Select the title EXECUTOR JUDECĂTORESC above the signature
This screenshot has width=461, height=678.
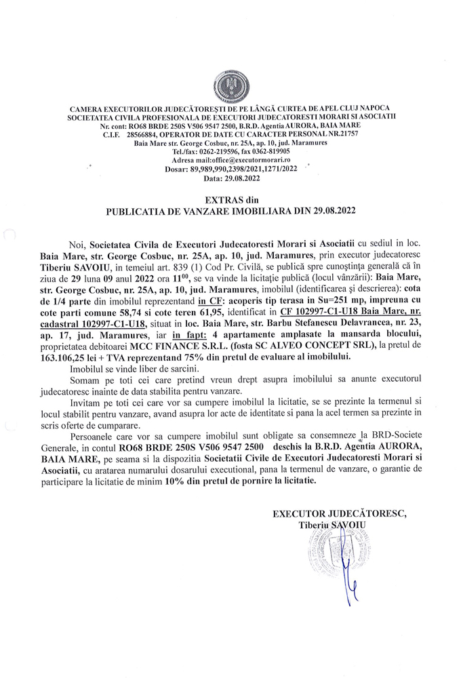pos(340,514)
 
